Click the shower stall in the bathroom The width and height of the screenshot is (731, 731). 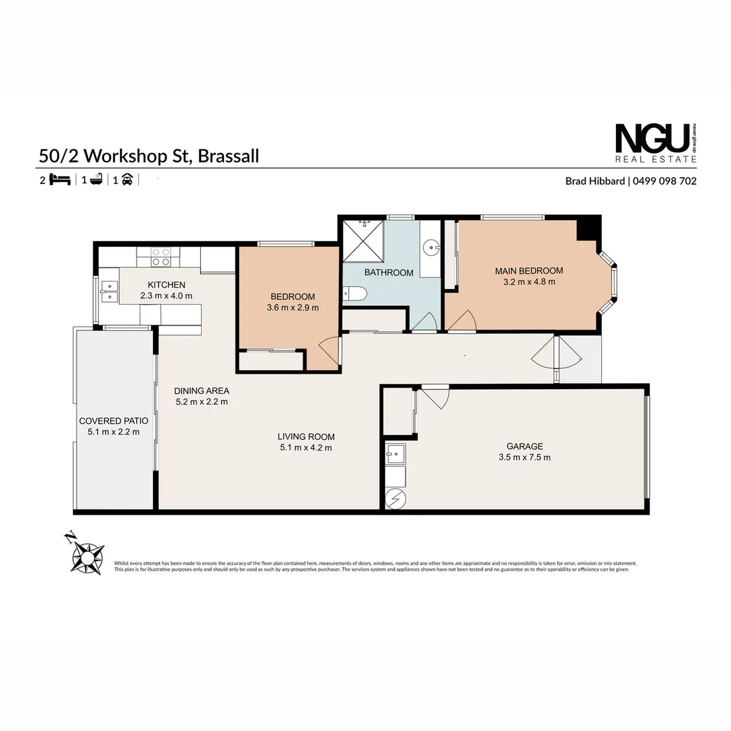pos(363,240)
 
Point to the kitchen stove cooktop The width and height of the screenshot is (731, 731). pos(161,257)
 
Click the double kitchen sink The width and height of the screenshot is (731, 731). pos(108,291)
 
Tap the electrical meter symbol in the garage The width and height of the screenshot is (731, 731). pos(395,500)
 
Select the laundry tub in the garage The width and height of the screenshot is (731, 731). pos(395,452)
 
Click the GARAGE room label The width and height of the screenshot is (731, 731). pos(525,446)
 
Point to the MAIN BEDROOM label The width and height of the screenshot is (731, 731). pos(529,271)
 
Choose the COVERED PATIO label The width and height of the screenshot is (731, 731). pos(113,421)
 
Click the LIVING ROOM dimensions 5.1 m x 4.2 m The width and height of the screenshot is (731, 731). pos(306,447)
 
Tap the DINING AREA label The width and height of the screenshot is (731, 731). pos(202,391)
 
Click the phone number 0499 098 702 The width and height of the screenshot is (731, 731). pos(665,181)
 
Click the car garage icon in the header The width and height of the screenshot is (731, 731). pos(127,180)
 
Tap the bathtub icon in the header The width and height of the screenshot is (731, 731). pos(95,180)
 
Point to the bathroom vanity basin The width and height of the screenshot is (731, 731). pos(429,248)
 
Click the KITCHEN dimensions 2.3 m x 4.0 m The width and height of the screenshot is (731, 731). pos(167,296)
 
